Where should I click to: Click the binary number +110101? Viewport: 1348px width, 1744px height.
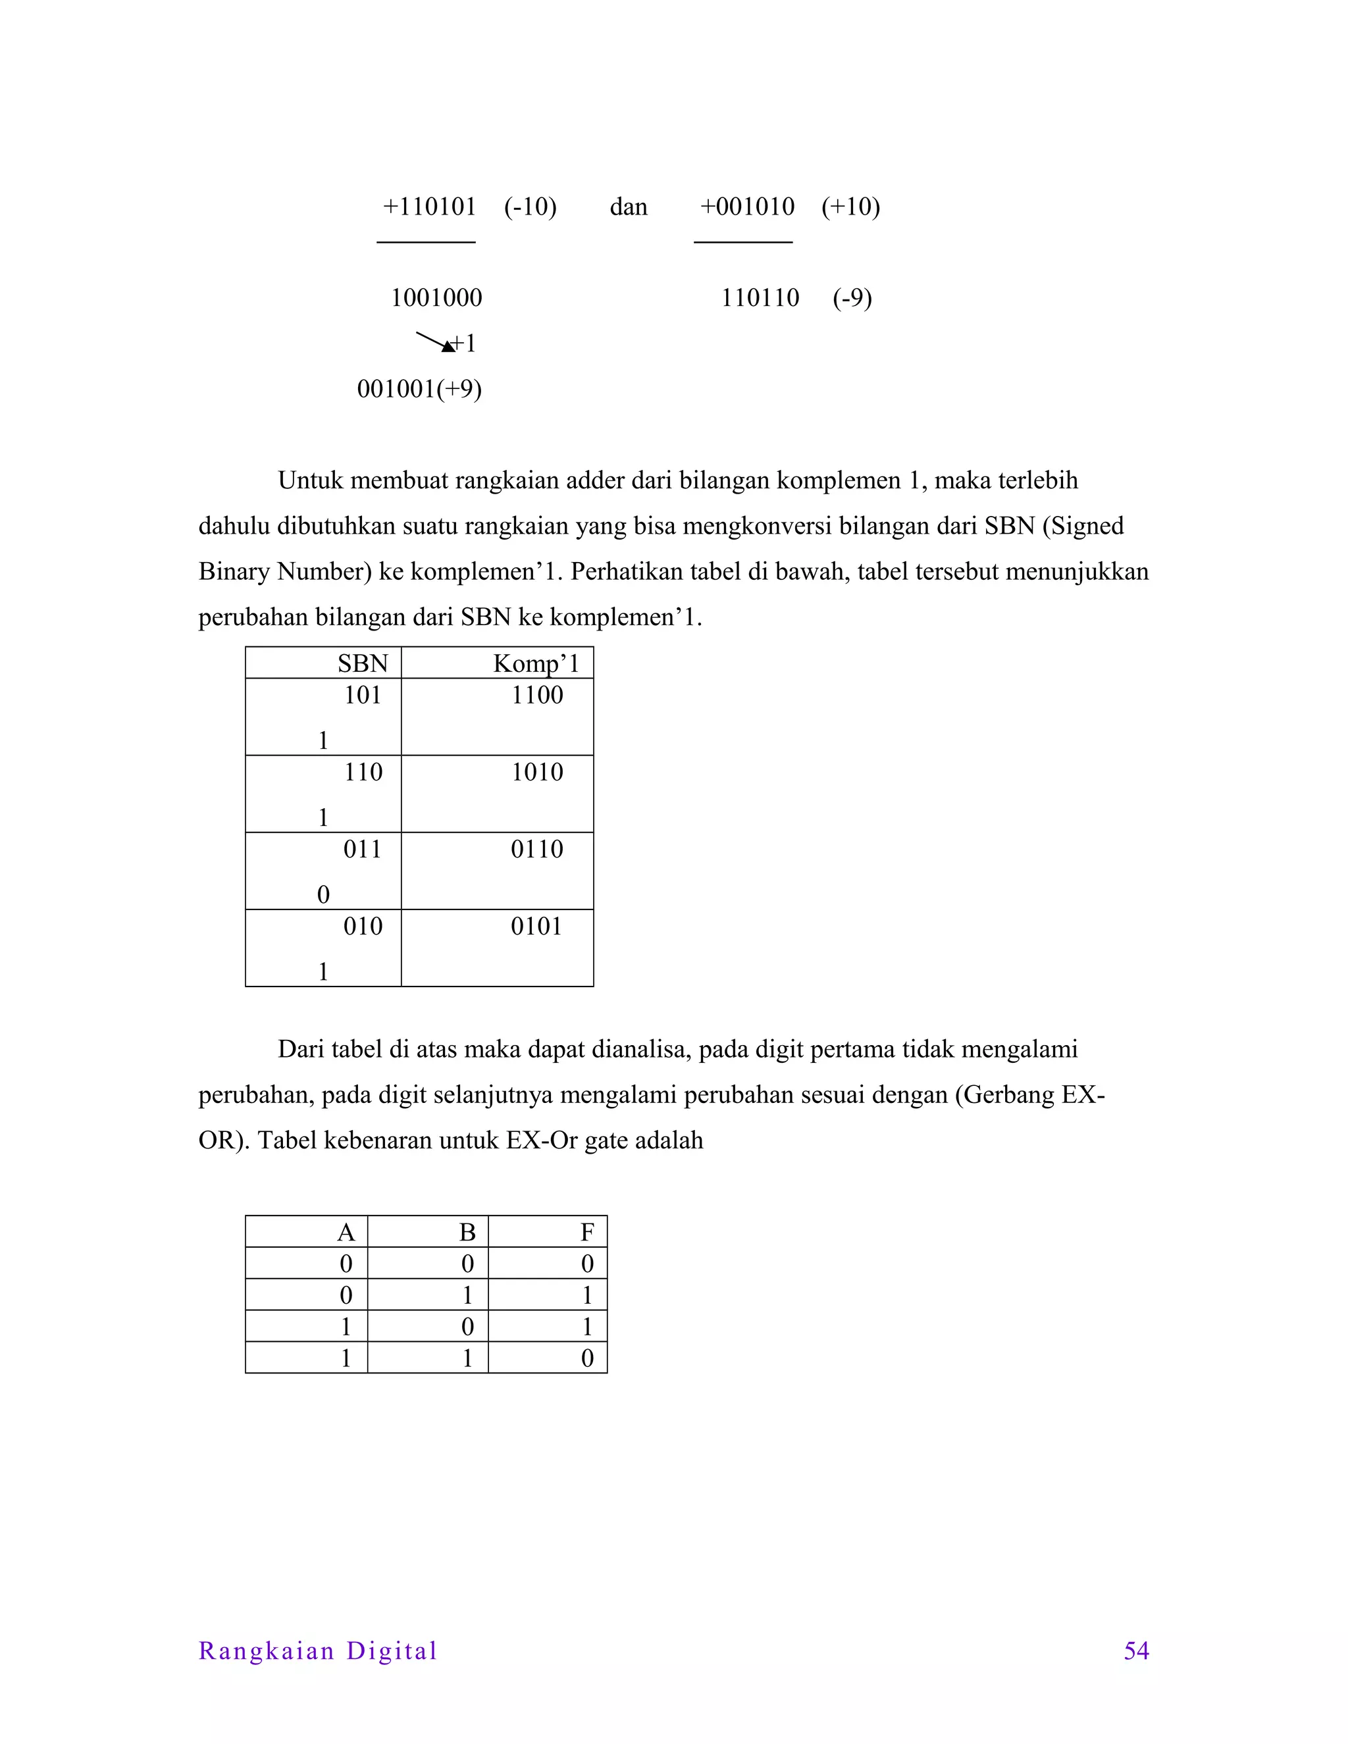tap(430, 207)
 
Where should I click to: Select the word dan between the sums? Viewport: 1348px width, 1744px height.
tap(629, 207)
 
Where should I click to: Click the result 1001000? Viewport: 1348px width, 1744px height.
tap(436, 298)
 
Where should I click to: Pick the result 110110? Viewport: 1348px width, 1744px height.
tap(760, 298)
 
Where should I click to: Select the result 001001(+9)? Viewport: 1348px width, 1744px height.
tap(419, 389)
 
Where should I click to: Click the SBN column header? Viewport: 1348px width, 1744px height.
tap(363, 663)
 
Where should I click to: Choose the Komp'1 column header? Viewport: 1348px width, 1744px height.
tap(536, 663)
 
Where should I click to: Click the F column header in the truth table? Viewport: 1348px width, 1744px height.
tap(587, 1232)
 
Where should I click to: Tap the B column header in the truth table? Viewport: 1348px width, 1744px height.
tap(467, 1232)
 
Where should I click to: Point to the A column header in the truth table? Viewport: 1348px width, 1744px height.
tap(346, 1232)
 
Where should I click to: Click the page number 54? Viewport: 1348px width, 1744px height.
tap(1136, 1651)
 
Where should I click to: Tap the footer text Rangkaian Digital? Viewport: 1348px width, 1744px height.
tap(318, 1651)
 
